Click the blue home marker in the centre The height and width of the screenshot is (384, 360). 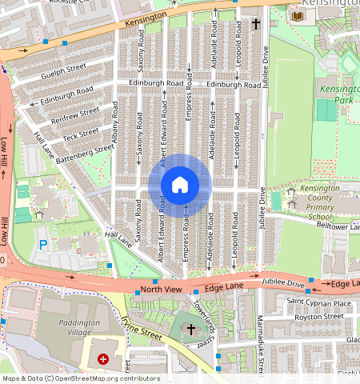[x=180, y=185]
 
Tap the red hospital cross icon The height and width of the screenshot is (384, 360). [x=103, y=361]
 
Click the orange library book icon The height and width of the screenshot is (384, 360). [x=298, y=17]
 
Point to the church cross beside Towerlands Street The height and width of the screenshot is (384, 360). [x=190, y=329]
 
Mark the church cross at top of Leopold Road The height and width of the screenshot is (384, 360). [x=256, y=25]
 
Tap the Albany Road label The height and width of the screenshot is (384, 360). [x=115, y=128]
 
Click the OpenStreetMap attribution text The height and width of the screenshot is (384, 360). [x=80, y=378]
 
